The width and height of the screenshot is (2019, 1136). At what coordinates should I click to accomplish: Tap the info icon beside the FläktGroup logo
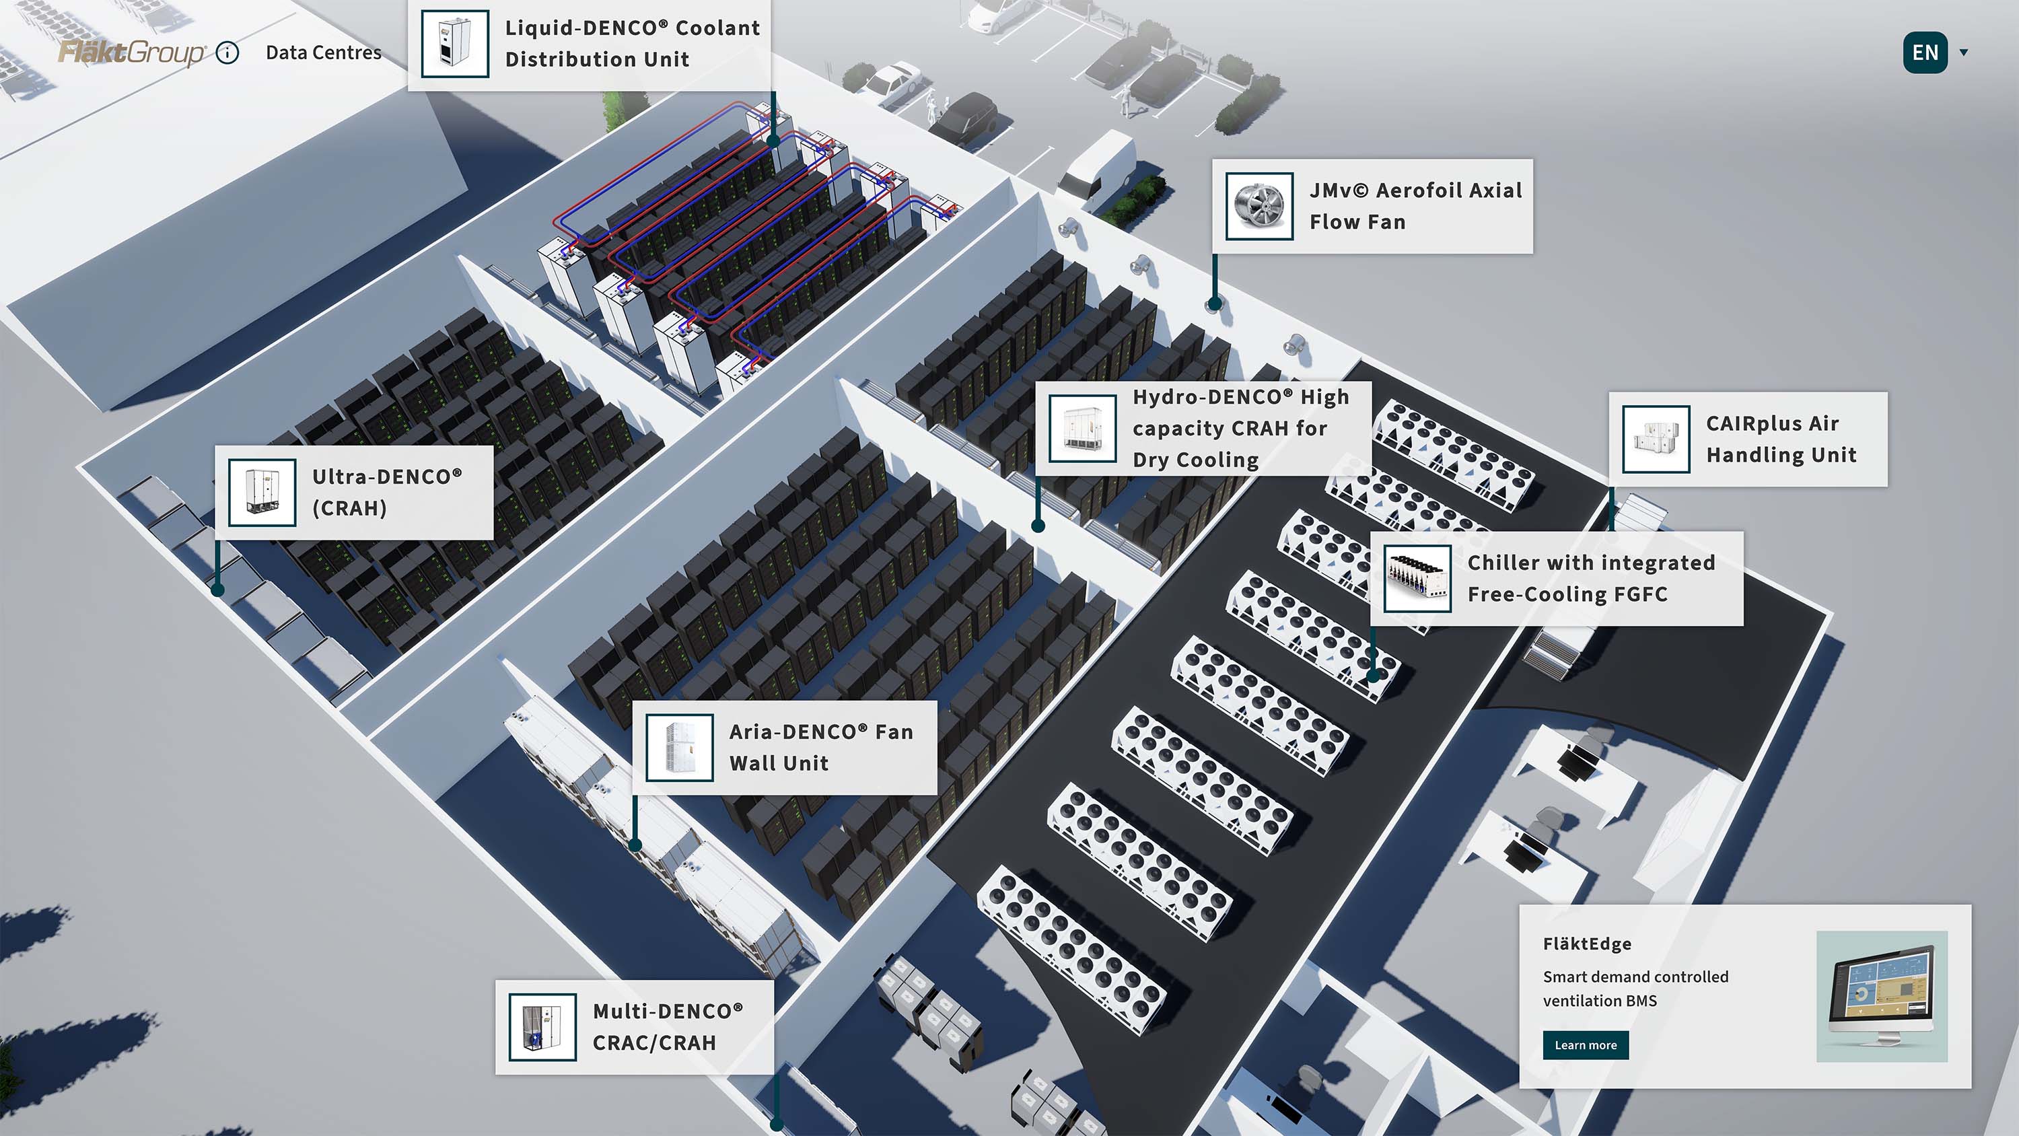227,52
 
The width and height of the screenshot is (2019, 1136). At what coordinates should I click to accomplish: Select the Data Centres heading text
323,52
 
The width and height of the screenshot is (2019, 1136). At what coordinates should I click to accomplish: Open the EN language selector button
1925,52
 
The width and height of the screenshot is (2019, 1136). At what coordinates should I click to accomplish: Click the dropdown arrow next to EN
1963,52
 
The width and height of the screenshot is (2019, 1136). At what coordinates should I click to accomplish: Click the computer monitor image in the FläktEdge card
1881,995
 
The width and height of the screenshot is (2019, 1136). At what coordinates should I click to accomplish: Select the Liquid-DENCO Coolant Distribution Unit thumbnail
454,44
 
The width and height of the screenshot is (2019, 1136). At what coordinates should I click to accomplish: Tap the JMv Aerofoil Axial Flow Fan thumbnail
1259,206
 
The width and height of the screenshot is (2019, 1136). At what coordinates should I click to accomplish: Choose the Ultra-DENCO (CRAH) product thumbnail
262,493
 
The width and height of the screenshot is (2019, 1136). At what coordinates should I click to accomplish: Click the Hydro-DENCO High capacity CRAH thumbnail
1082,429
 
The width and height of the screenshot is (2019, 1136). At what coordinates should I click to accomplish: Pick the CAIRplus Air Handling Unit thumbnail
1656,439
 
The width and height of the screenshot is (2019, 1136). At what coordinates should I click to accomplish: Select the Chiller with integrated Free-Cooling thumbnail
1417,579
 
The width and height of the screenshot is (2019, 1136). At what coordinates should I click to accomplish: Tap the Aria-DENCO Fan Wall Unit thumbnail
680,748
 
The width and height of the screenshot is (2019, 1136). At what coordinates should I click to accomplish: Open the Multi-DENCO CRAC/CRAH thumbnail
542,1027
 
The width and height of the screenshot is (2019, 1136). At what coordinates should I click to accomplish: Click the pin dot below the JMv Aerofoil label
1215,303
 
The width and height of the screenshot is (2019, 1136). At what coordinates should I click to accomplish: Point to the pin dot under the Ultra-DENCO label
218,590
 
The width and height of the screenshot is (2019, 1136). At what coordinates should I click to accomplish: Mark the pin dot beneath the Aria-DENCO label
635,845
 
